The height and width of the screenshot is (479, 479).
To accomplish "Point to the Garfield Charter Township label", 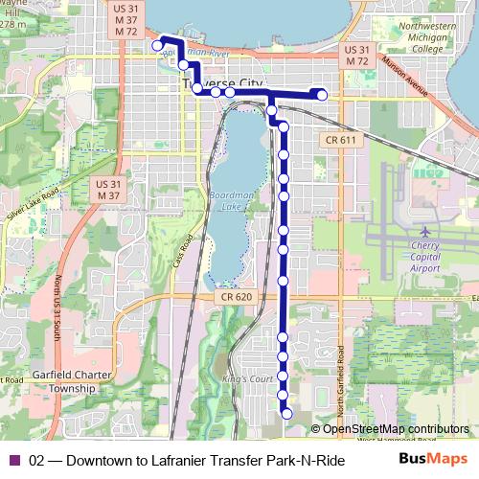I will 62,382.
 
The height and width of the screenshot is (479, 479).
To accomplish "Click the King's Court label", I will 240,381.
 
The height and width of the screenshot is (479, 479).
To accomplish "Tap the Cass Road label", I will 189,251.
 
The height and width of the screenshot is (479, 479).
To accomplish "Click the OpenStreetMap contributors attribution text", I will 395,428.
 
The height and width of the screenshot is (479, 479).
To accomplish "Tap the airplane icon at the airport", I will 424,232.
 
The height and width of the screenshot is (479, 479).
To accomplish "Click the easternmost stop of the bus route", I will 322,94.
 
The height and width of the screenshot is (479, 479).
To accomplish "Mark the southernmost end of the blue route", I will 285,414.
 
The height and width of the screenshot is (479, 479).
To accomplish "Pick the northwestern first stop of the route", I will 157,45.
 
